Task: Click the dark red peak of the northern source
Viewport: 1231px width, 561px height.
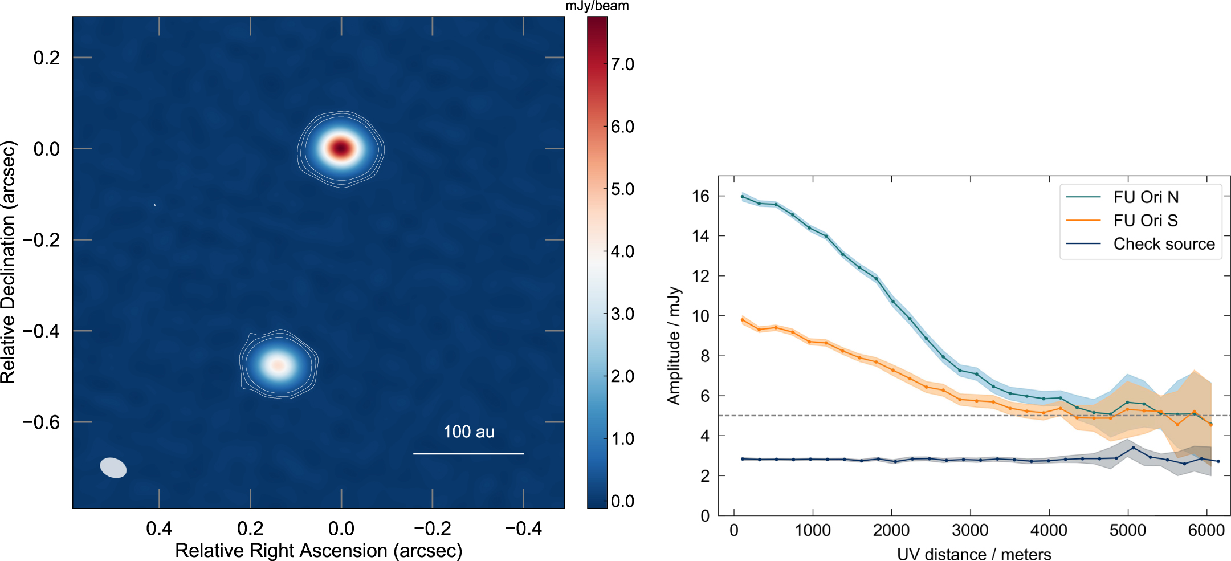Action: (x=340, y=148)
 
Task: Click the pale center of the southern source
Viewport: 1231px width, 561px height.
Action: (x=278, y=364)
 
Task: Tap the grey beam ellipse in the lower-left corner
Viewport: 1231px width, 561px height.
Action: (x=113, y=467)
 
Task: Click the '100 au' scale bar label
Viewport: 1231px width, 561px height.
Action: (x=468, y=432)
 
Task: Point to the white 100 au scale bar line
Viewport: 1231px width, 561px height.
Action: (x=468, y=454)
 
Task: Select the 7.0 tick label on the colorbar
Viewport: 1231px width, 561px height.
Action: (x=622, y=64)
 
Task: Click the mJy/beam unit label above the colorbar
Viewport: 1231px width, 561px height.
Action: (x=597, y=6)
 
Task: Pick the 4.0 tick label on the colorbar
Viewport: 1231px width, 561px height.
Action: (x=622, y=251)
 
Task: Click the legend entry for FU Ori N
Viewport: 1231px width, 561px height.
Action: (x=1146, y=197)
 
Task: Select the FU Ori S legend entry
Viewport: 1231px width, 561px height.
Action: (x=1146, y=221)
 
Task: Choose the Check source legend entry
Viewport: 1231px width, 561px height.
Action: (x=1164, y=244)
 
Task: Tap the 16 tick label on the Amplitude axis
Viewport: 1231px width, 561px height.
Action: (x=700, y=196)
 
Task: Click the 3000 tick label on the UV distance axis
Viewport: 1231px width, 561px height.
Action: (x=970, y=531)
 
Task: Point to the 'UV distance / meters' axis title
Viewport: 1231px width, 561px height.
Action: (x=974, y=554)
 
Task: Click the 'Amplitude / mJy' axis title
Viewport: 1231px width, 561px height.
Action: (x=674, y=345)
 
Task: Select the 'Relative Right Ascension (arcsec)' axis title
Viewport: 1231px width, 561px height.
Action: (x=319, y=551)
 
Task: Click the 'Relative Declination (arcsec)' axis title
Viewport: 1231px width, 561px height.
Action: (x=8, y=262)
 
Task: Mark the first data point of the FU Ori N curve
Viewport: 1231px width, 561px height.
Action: (x=742, y=197)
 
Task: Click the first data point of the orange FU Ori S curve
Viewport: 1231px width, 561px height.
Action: (x=742, y=320)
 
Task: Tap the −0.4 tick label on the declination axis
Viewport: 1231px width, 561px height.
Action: (x=41, y=331)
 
